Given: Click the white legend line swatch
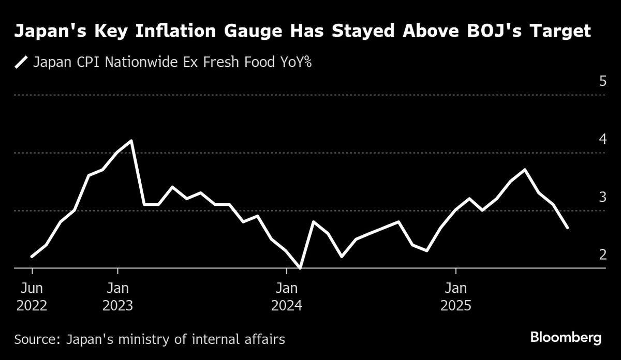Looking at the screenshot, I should tap(21, 63).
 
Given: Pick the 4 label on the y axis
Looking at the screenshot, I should tap(602, 139).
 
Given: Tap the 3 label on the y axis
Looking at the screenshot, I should tap(602, 197).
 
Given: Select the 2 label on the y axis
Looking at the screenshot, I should tap(602, 254).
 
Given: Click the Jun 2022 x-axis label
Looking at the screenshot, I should tap(32, 296).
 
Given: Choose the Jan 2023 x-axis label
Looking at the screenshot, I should tap(118, 296).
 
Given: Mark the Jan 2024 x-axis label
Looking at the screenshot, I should tap(287, 296).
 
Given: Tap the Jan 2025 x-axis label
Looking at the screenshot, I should tap(455, 296).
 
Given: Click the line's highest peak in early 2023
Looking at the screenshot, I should tap(131, 141).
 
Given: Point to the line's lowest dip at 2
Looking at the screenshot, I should tap(301, 267).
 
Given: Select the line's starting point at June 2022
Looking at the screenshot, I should tap(32, 256).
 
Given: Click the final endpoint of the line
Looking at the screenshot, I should tap(568, 227).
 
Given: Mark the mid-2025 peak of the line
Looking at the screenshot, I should tap(525, 170).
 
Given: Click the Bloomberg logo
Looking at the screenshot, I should tap(566, 338).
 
